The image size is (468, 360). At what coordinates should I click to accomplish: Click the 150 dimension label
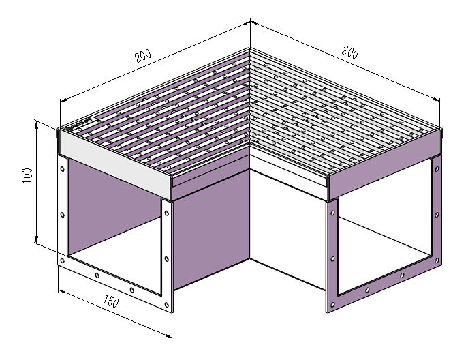(111, 301)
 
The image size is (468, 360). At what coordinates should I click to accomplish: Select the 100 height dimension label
(27, 176)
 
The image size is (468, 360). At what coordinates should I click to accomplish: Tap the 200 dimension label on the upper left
(143, 55)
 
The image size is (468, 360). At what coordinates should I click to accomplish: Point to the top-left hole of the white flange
(63, 169)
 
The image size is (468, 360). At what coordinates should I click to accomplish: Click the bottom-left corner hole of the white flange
(63, 260)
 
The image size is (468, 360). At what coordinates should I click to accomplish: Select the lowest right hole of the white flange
(166, 305)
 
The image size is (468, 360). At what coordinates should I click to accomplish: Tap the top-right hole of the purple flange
(437, 169)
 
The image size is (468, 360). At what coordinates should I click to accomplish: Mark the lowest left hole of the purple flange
(332, 305)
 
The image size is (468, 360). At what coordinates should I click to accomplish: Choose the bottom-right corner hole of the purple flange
(437, 260)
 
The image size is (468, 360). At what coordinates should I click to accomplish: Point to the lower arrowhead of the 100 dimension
(36, 239)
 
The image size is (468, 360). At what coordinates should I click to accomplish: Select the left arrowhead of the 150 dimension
(62, 291)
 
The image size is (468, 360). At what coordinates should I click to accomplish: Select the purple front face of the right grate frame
(385, 165)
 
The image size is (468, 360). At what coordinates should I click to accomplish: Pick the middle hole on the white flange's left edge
(63, 215)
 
